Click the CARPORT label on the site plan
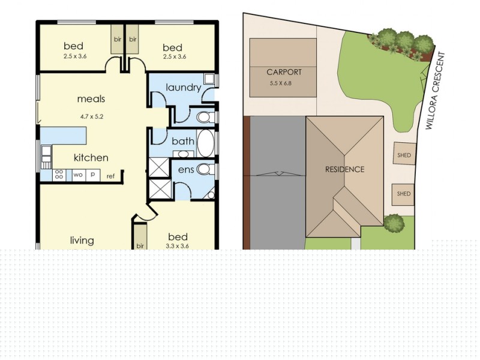point(284,72)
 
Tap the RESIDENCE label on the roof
point(344,169)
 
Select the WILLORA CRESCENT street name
point(435,91)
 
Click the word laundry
point(184,88)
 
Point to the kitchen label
point(91,158)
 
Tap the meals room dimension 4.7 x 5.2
point(92,116)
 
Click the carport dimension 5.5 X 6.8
point(280,83)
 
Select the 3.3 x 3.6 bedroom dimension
point(177,246)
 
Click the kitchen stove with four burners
point(59,175)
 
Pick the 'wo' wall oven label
point(78,175)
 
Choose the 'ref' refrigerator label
point(110,176)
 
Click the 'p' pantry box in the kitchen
point(93,175)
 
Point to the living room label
point(82,241)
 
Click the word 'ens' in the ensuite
point(186,170)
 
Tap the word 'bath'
point(183,141)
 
